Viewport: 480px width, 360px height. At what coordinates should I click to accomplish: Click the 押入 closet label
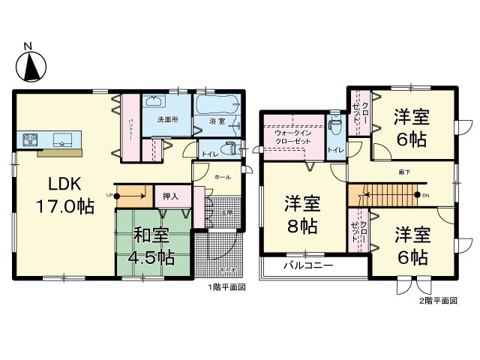pyautogui.click(x=170, y=196)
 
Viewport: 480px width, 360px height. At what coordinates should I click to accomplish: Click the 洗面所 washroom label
pyautogui.click(x=167, y=120)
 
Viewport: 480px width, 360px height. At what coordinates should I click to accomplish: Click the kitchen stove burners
pyautogui.click(x=31, y=138)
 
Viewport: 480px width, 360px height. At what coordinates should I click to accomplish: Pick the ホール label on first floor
pyautogui.click(x=222, y=177)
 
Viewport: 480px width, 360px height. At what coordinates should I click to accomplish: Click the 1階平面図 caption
pyautogui.click(x=227, y=287)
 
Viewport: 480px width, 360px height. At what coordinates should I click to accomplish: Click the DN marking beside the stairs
pyautogui.click(x=426, y=196)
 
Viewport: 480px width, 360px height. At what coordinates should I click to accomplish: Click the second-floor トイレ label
pyautogui.click(x=335, y=150)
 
